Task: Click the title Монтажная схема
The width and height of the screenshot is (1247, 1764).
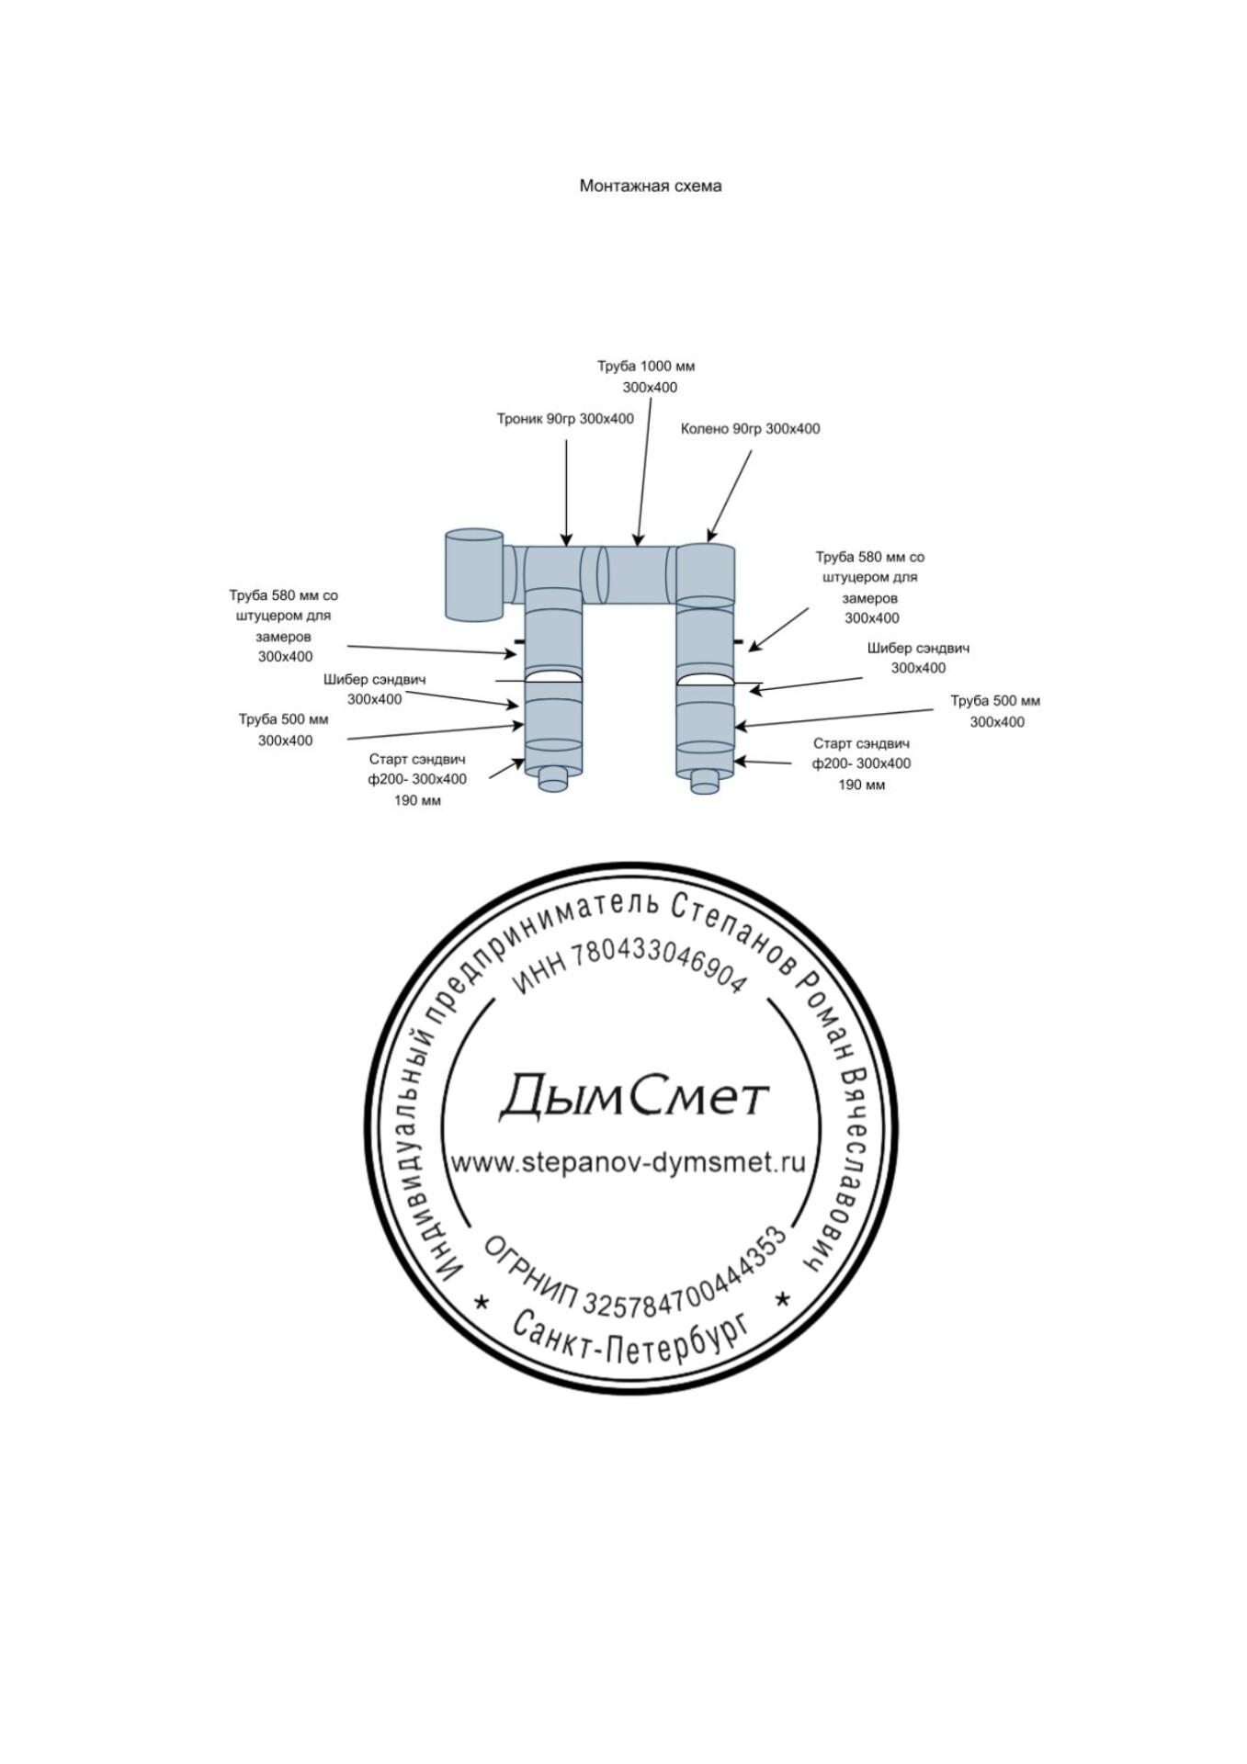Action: pyautogui.click(x=650, y=186)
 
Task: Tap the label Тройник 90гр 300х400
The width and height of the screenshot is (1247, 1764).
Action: pyautogui.click(x=565, y=419)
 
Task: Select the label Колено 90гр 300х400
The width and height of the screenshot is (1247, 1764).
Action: pyautogui.click(x=750, y=428)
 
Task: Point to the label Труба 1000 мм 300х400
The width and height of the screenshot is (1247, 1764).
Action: pyautogui.click(x=647, y=377)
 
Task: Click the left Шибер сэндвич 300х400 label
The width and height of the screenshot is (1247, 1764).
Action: pyautogui.click(x=374, y=689)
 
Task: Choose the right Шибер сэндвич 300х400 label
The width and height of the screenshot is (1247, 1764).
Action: pyautogui.click(x=918, y=658)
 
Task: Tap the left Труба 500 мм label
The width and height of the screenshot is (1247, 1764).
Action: pyautogui.click(x=284, y=729)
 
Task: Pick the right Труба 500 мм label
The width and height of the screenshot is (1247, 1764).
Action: pyautogui.click(x=996, y=711)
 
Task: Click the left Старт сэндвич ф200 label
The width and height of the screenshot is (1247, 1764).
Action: pyautogui.click(x=417, y=779)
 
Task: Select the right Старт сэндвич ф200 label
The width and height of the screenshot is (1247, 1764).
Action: pyautogui.click(x=861, y=763)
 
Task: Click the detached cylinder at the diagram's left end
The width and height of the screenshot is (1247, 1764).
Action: pyautogui.click(x=473, y=574)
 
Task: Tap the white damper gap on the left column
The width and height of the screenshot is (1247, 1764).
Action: pyautogui.click(x=553, y=677)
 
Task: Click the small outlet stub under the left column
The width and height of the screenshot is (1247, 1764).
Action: pyautogui.click(x=553, y=779)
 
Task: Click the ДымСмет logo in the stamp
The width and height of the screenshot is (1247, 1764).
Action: pyautogui.click(x=633, y=1096)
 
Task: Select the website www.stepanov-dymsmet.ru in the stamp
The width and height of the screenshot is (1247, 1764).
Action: pyautogui.click(x=628, y=1162)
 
